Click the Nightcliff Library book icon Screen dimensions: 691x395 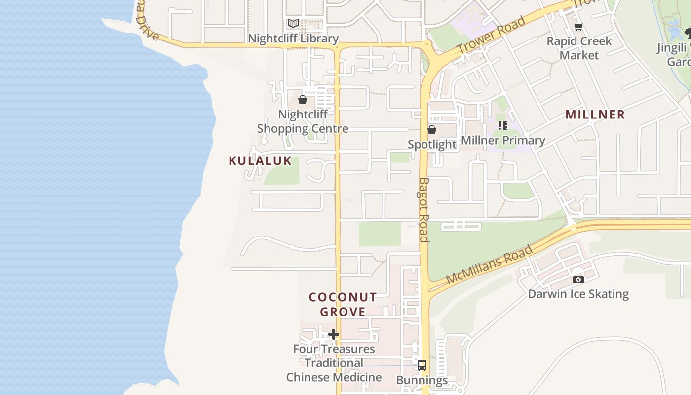pyautogui.click(x=293, y=23)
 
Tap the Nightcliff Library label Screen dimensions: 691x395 pyautogui.click(x=293, y=39)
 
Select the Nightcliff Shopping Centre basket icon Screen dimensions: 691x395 pyautogui.click(x=303, y=100)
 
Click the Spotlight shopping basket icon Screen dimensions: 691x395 pyautogui.click(x=432, y=130)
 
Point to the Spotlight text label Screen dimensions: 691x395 pyautogui.click(x=432, y=144)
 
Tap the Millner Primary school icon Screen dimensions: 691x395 pyautogui.click(x=503, y=126)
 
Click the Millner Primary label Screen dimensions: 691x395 pyautogui.click(x=503, y=140)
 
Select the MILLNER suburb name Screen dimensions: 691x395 pyautogui.click(x=595, y=115)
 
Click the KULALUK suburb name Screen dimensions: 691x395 pyautogui.click(x=260, y=161)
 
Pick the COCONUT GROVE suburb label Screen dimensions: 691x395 pyautogui.click(x=343, y=304)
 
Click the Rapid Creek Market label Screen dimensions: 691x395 pyautogui.click(x=579, y=48)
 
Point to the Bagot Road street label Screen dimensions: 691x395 pyautogui.click(x=424, y=210)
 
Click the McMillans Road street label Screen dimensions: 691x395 pyautogui.click(x=489, y=265)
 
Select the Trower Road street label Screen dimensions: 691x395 pyautogui.click(x=491, y=35)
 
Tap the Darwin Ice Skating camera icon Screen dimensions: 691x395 pyautogui.click(x=578, y=279)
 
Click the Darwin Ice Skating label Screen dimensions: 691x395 pyautogui.click(x=578, y=294)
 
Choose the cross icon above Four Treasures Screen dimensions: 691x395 pyautogui.click(x=334, y=334)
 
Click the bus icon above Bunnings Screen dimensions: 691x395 pyautogui.click(x=422, y=365)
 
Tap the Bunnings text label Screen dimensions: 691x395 pyautogui.click(x=422, y=380)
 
